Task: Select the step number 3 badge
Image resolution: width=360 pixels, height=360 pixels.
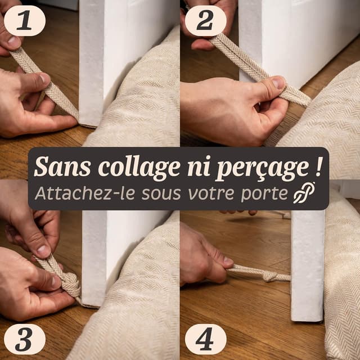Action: (x=24, y=339)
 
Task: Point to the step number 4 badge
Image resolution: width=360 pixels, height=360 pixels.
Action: (x=205, y=339)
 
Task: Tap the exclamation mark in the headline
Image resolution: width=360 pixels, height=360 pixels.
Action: (x=319, y=166)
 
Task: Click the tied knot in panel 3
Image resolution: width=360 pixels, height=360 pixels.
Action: (x=69, y=281)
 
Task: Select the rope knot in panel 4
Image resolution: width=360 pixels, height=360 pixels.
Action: (x=269, y=276)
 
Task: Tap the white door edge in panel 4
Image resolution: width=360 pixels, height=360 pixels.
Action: (x=307, y=270)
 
